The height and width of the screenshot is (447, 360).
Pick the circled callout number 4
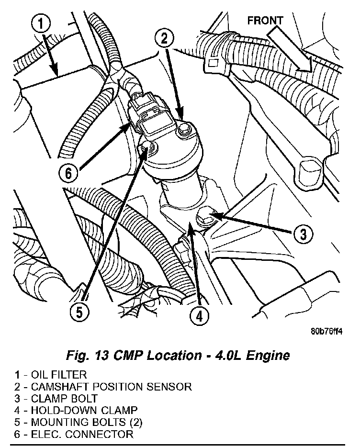coord(198,315)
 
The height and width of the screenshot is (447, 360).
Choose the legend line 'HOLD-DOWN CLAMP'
coord(84,410)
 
